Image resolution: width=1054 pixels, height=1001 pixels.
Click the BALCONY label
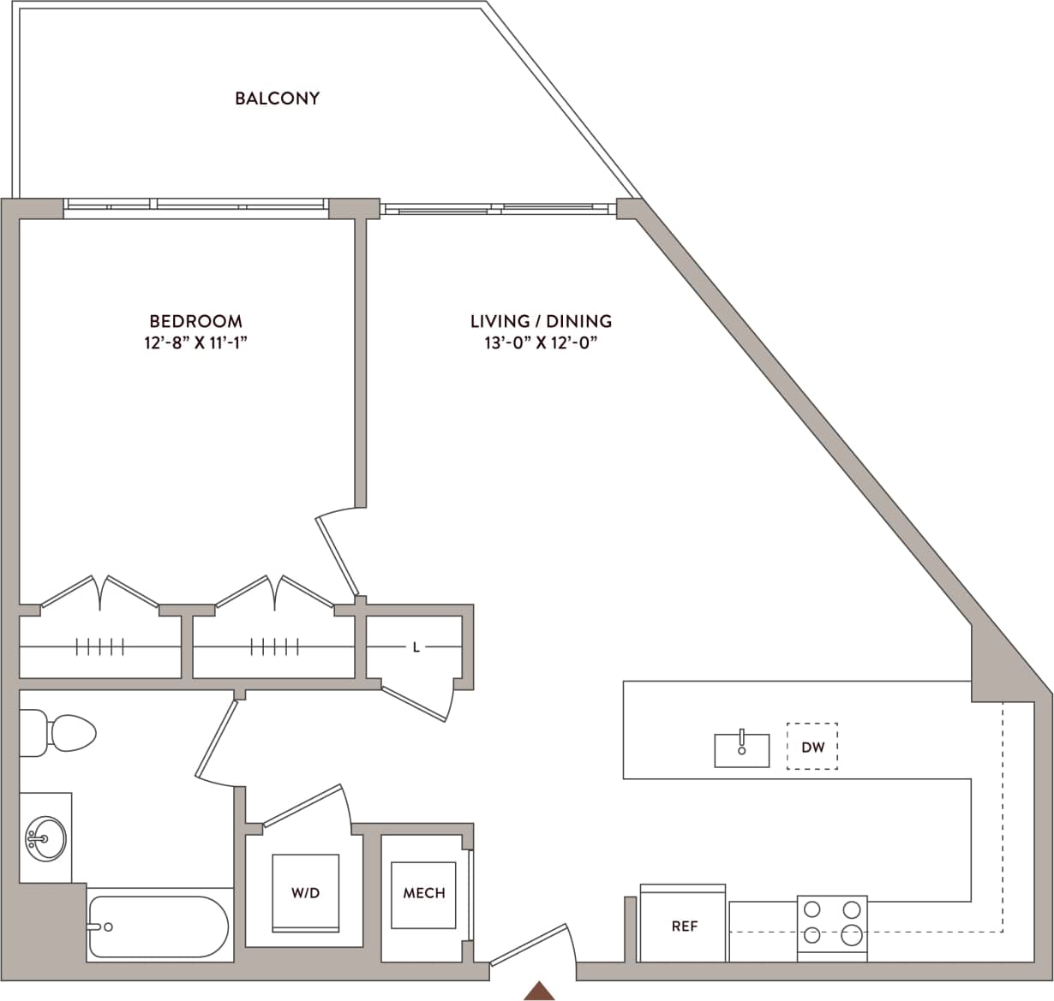(277, 98)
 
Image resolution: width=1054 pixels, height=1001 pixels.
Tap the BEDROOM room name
(195, 321)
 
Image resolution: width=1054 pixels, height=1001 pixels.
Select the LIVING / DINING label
(541, 321)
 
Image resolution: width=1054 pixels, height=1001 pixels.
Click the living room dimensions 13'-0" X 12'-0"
(541, 343)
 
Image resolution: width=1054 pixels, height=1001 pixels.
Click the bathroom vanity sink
(45, 837)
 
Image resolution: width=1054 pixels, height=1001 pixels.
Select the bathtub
(159, 928)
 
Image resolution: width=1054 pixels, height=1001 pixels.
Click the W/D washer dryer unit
(305, 893)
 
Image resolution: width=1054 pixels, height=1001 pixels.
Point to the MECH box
(424, 893)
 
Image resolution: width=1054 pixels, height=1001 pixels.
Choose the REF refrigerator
(684, 926)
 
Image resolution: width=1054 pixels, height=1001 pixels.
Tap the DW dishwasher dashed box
(812, 747)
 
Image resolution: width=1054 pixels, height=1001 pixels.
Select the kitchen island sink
(742, 749)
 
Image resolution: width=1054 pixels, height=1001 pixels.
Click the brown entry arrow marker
(539, 990)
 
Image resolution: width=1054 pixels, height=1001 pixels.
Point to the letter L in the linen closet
(416, 647)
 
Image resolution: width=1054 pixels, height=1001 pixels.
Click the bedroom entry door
(337, 554)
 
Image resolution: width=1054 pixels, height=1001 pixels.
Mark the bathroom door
(215, 740)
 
